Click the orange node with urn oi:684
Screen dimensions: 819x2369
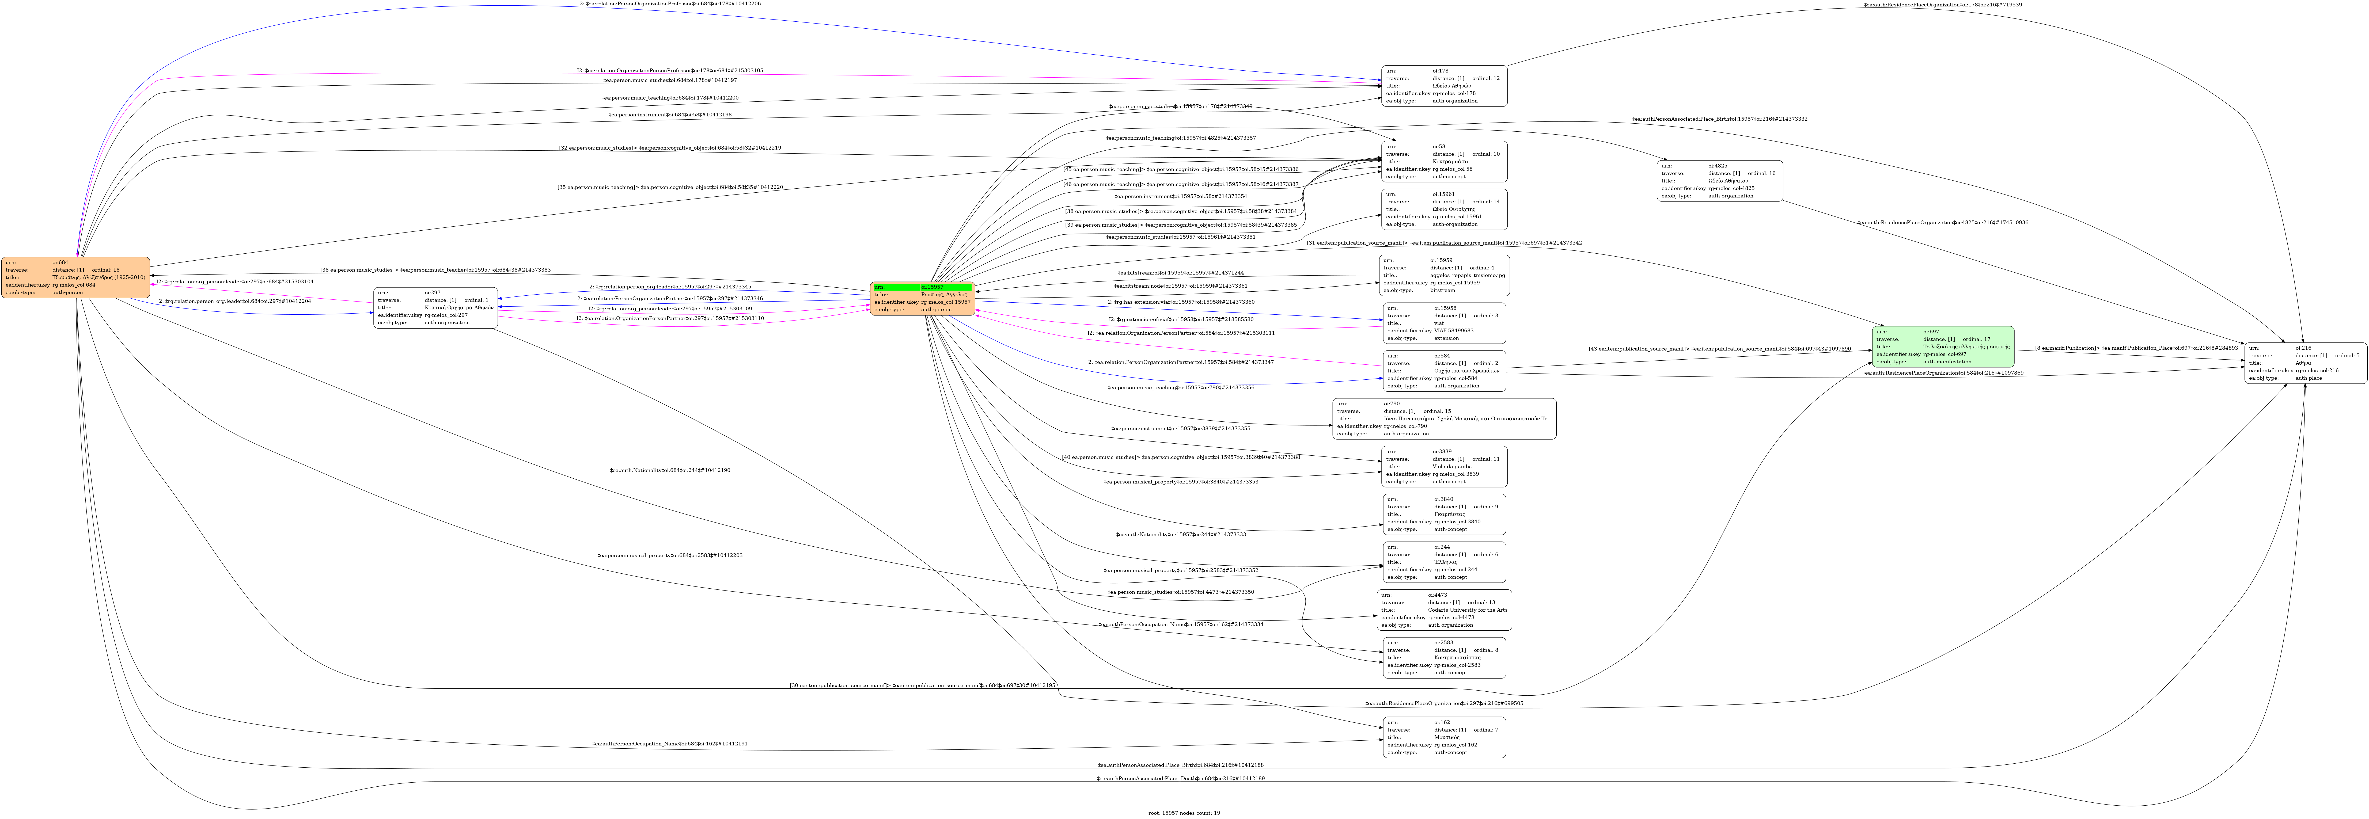click(75, 278)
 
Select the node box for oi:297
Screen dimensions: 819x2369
click(436, 308)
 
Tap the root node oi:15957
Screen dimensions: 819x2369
click(922, 299)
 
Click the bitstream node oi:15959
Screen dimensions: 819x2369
click(1444, 275)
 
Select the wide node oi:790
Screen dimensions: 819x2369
click(1444, 418)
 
